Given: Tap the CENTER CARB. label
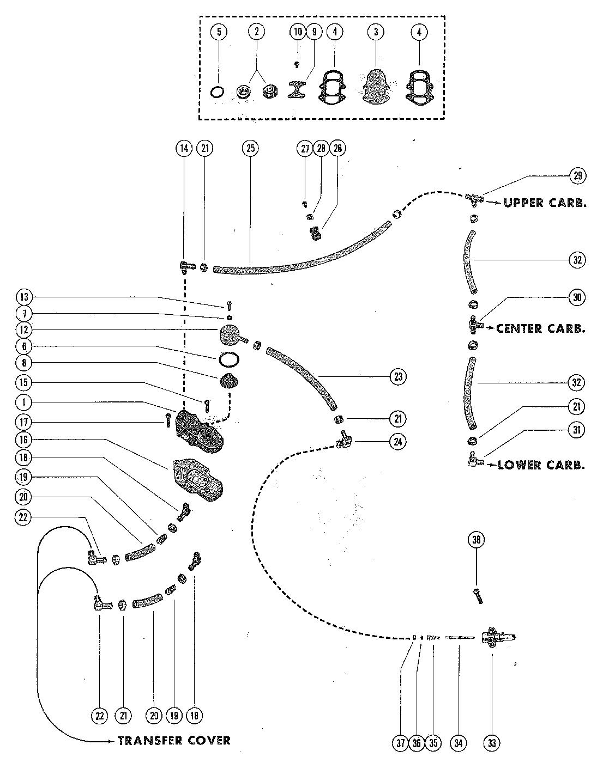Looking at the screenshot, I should click(x=540, y=329).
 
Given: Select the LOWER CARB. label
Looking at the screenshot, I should click(x=541, y=465).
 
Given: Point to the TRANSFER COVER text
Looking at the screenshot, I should click(x=174, y=741).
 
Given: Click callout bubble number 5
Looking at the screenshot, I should click(x=219, y=32).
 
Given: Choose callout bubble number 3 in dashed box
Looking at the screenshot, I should click(x=375, y=32).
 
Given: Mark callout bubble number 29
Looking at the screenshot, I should click(x=578, y=175).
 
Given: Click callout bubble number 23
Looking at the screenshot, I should click(x=397, y=377).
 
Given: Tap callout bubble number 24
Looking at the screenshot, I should click(x=397, y=442).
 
